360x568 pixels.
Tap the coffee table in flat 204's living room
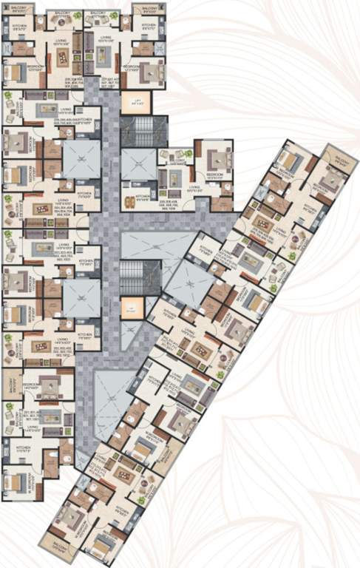coord(38,209)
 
